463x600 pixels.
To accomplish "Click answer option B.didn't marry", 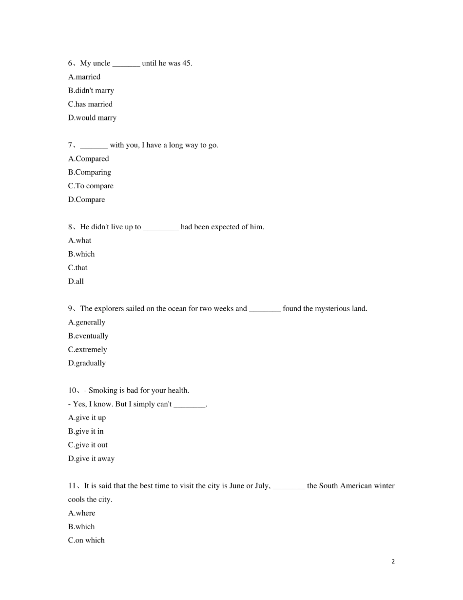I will [x=91, y=91].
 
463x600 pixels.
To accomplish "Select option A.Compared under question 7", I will [x=89, y=159].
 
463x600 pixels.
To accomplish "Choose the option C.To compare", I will [x=91, y=186].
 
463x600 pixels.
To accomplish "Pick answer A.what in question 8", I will [x=80, y=241].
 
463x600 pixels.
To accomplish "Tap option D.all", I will [x=76, y=282].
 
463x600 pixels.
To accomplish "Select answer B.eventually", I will [x=88, y=337].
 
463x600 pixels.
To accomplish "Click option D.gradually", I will [x=87, y=363].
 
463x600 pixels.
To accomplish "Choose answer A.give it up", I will [x=87, y=418].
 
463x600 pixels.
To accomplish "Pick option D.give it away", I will [x=92, y=459].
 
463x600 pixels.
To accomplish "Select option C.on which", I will [x=86, y=540].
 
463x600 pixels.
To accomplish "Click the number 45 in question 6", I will [x=186, y=63].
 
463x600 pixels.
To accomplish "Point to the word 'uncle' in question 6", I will [x=102, y=63].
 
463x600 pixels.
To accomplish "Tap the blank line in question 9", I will [x=265, y=309].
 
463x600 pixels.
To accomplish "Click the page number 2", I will [x=393, y=561].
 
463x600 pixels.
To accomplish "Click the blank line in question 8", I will [x=161, y=227].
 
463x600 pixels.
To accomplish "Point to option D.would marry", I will [x=93, y=118].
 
